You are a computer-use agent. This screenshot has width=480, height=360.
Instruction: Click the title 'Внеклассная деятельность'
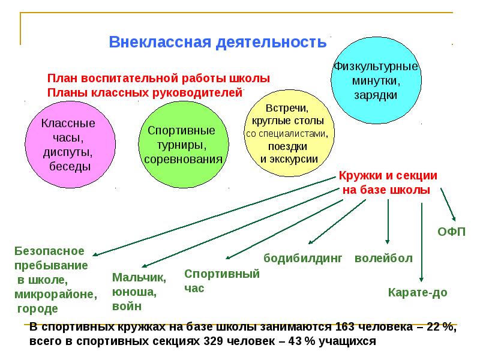[x=217, y=43]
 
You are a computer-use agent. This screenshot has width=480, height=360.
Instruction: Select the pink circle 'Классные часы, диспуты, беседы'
[x=67, y=143]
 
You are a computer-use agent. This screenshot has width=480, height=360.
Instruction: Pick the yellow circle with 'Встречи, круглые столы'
[x=286, y=134]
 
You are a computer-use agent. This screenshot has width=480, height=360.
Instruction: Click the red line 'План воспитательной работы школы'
[x=158, y=79]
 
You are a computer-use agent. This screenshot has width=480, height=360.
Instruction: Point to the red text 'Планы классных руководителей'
[x=145, y=92]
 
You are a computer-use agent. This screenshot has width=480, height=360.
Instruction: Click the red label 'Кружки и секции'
[x=387, y=176]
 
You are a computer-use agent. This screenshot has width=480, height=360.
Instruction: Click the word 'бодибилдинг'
[x=303, y=259]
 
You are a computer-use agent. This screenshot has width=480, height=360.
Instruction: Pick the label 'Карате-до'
[x=418, y=293]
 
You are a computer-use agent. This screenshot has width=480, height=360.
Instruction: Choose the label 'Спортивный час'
[x=221, y=281]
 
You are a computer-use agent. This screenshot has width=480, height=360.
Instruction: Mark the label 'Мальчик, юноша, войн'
[x=139, y=292]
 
